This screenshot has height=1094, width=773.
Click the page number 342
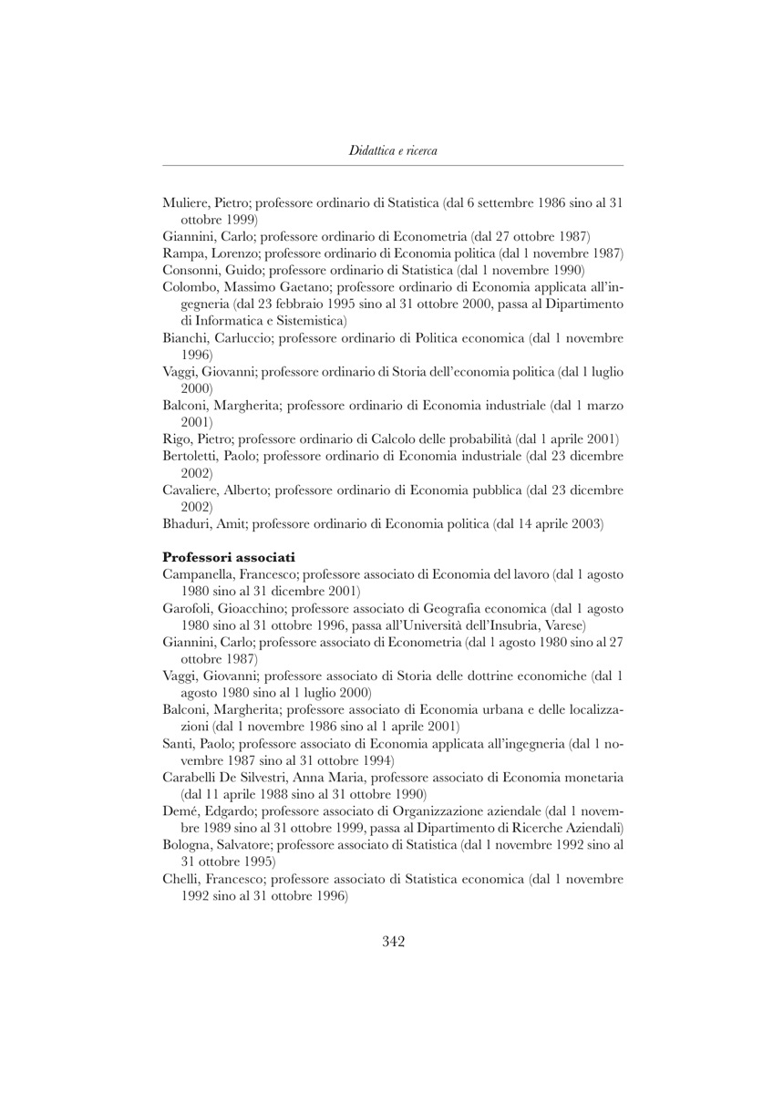point(393,942)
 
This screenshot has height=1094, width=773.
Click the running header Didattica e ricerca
point(393,150)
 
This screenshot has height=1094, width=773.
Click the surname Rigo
point(177,439)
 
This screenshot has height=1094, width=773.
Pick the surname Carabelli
point(192,778)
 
